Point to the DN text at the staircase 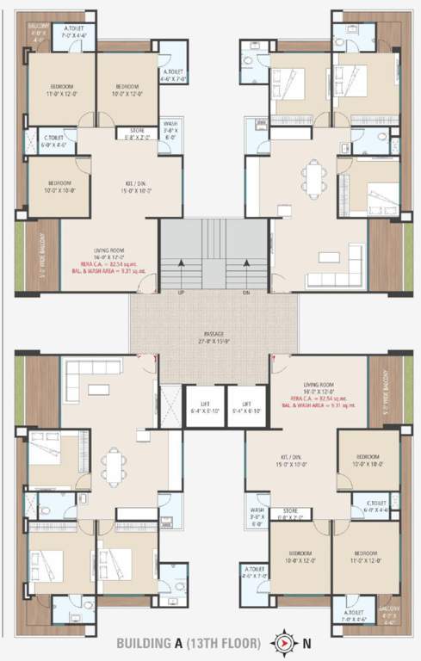(245, 292)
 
